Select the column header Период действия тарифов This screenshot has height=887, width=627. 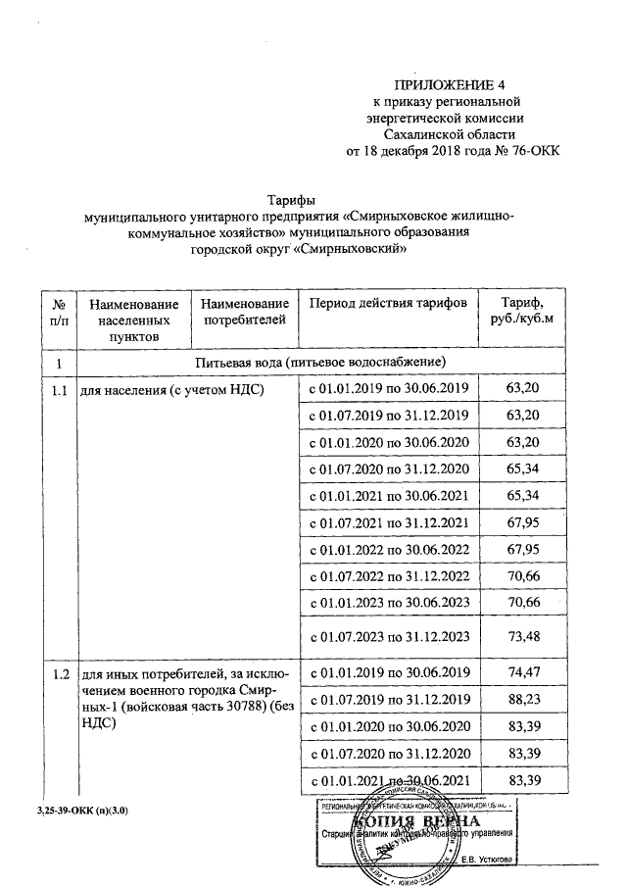click(x=388, y=304)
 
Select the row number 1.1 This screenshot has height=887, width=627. click(x=58, y=390)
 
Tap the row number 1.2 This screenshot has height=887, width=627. click(x=58, y=673)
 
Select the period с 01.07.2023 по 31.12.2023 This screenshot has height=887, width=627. click(x=390, y=637)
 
